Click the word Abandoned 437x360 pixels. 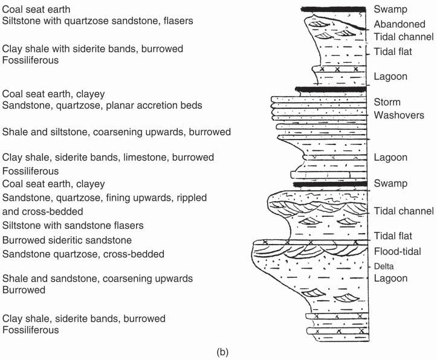click(x=399, y=24)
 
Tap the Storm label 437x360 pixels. click(x=387, y=102)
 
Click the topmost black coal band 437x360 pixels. click(x=334, y=8)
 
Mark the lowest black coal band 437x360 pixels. click(x=329, y=184)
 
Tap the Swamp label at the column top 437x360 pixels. click(x=390, y=9)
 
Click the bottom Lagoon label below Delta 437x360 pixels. click(x=390, y=278)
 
